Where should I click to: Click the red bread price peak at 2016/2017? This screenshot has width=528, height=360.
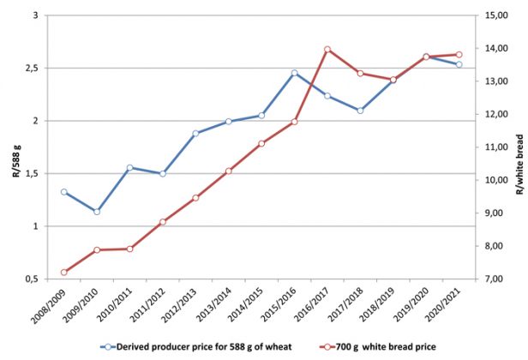[x=327, y=50]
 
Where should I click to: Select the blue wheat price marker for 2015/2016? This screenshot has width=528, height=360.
[x=294, y=74]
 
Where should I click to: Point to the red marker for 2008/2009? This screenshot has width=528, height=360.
[x=64, y=273]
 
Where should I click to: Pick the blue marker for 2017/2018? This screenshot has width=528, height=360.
[x=360, y=111]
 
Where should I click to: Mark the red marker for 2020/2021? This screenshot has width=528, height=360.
[x=459, y=55]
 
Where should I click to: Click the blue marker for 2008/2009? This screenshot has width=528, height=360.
[x=64, y=192]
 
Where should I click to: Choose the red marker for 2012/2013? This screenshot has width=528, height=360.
[x=195, y=198]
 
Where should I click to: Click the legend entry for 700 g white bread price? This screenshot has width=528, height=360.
[x=376, y=346]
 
